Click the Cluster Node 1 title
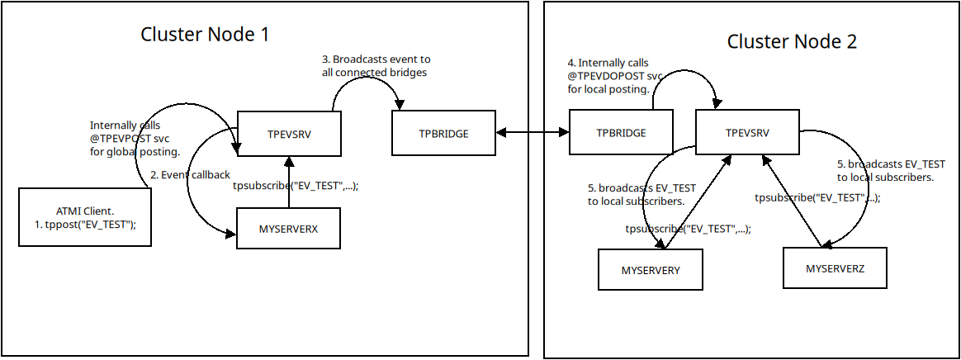205,35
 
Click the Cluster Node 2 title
792,41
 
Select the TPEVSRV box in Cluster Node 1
289,133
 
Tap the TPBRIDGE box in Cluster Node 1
443,133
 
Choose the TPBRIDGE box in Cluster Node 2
620,133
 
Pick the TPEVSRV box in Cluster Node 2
747,132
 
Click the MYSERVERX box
289,227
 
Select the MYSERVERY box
651,270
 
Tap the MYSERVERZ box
835,268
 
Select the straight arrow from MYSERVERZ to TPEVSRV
792,202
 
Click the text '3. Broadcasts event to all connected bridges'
376,66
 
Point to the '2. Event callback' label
189,175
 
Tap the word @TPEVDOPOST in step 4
605,75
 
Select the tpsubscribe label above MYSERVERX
296,187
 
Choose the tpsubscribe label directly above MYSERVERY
687,229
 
